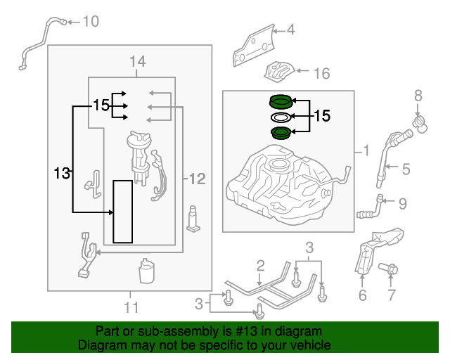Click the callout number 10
click(91, 22)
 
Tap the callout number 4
click(290, 30)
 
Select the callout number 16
click(322, 74)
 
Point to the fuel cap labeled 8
click(420, 124)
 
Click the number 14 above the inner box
click(138, 61)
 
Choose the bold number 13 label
click(62, 174)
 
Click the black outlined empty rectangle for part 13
click(123, 212)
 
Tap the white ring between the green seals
click(281, 117)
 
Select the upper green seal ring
click(281, 102)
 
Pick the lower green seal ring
click(281, 133)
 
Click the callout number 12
click(198, 179)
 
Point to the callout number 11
click(131, 307)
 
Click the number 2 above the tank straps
click(260, 266)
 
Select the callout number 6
click(363, 295)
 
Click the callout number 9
click(403, 203)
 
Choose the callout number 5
click(406, 169)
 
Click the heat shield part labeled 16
click(279, 72)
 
